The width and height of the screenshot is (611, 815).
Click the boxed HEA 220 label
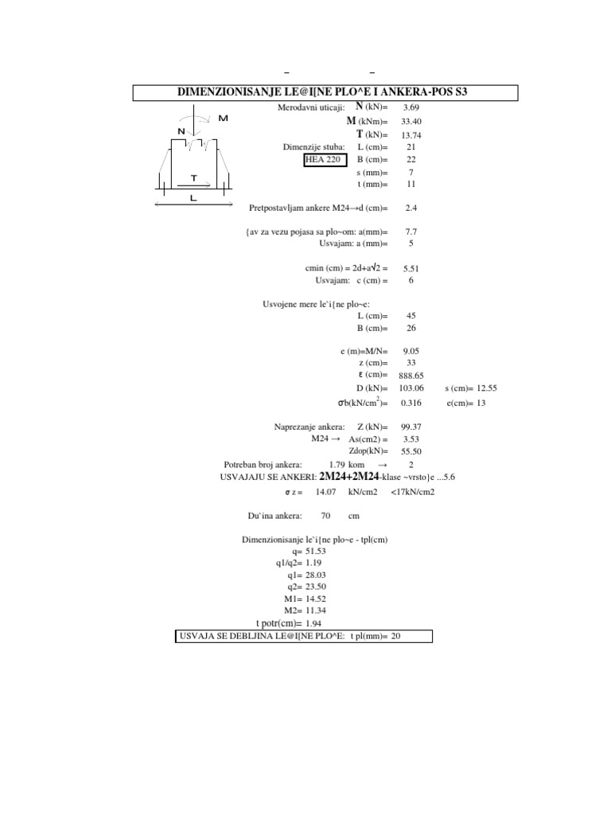click(x=325, y=159)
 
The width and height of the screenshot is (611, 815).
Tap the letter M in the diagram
click(x=223, y=118)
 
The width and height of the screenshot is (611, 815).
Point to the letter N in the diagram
click(x=181, y=131)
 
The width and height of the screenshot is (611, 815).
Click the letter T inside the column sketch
click(x=193, y=178)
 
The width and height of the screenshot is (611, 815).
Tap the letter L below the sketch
click(x=193, y=199)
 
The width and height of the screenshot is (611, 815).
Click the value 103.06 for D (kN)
click(x=411, y=388)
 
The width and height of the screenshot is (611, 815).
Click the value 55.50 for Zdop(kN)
click(x=411, y=451)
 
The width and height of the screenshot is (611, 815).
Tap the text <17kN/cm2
click(x=412, y=492)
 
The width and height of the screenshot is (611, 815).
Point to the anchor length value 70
click(x=325, y=516)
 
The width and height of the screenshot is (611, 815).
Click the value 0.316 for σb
click(x=411, y=403)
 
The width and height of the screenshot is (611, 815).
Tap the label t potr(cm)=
click(x=278, y=623)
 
